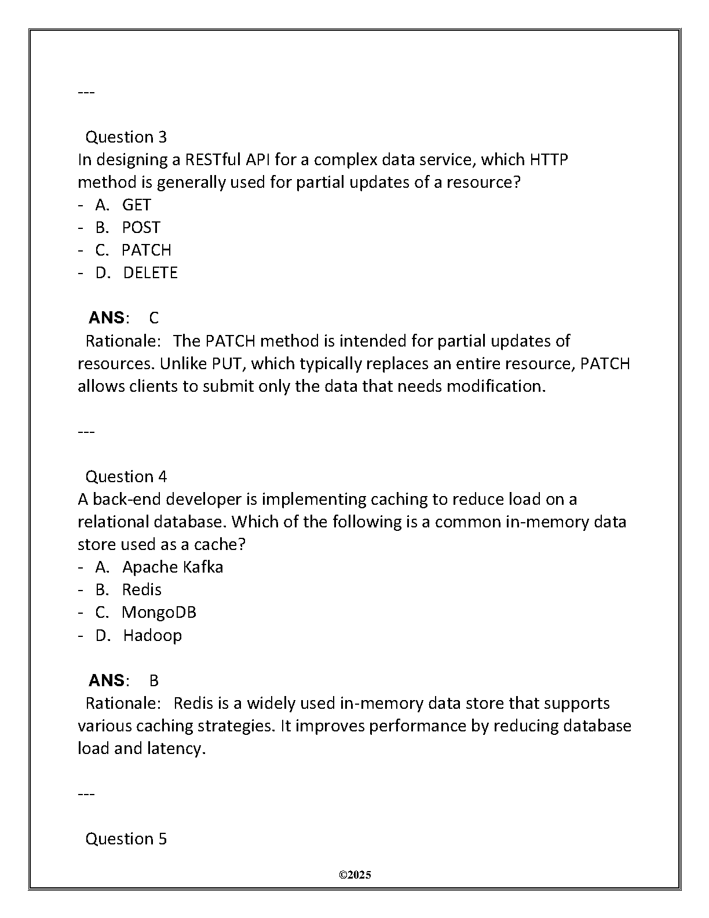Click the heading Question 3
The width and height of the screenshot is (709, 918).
pyautogui.click(x=126, y=137)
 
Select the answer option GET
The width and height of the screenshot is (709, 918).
pyautogui.click(x=136, y=205)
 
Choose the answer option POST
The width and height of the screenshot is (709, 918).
pyautogui.click(x=141, y=227)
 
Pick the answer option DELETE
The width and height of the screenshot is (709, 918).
pyautogui.click(x=150, y=272)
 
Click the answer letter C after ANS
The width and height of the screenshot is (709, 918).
pyautogui.click(x=154, y=318)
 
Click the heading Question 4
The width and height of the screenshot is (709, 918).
pyautogui.click(x=126, y=476)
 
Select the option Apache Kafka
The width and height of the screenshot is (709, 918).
pyautogui.click(x=173, y=567)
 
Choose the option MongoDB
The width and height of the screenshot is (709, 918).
pyautogui.click(x=159, y=612)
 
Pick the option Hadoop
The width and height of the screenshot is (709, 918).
pyautogui.click(x=152, y=635)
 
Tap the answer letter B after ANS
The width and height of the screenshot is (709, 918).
pyautogui.click(x=154, y=680)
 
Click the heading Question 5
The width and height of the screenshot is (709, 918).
pyautogui.click(x=126, y=839)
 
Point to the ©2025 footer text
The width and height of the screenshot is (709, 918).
pyautogui.click(x=355, y=875)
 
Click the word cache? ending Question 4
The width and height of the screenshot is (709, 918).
pyautogui.click(x=220, y=544)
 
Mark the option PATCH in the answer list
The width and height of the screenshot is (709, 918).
pyautogui.click(x=146, y=250)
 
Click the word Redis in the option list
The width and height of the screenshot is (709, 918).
pyautogui.click(x=142, y=589)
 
